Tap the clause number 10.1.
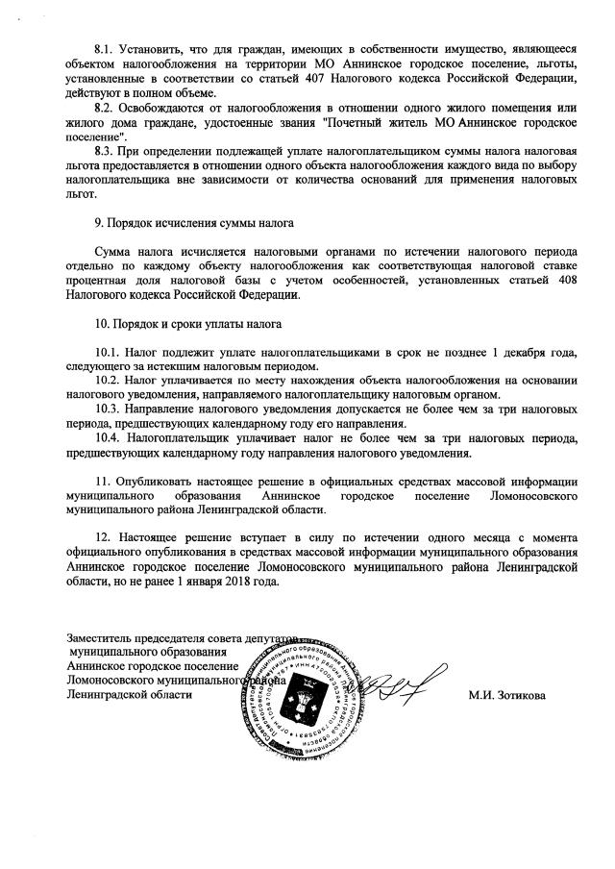tap(110, 352)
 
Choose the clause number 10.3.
tap(110, 409)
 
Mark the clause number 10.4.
tap(110, 437)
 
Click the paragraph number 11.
tap(103, 482)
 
